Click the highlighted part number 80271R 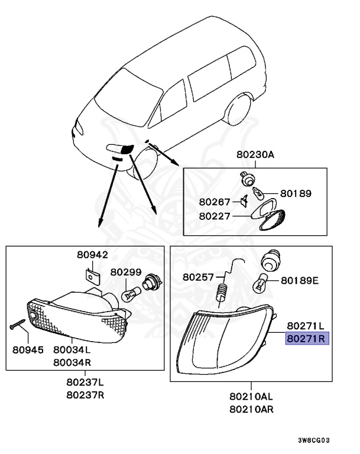tap(307, 339)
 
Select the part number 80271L tap(306, 326)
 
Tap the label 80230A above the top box tap(255, 155)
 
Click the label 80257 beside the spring tap(198, 277)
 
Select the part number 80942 tap(92, 255)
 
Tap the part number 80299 tap(126, 273)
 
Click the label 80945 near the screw tap(28, 349)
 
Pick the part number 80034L tap(72, 349)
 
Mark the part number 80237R tap(85, 395)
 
